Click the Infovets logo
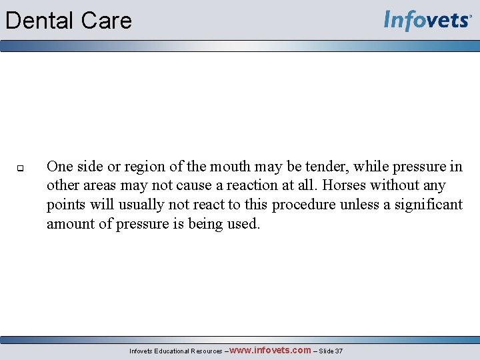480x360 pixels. tap(427, 21)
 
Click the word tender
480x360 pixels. tap(321, 167)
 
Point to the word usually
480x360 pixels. tap(137, 205)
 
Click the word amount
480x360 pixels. tap(71, 224)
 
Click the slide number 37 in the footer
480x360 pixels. tap(339, 351)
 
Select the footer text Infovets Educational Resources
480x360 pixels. tap(175, 351)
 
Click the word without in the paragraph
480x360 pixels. tap(396, 185)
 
